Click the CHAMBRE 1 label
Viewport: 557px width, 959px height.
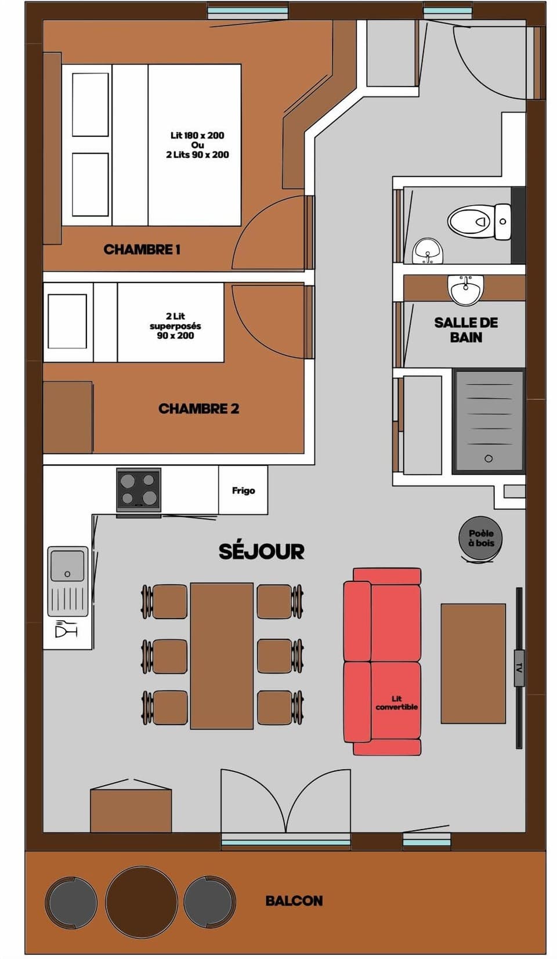point(142,250)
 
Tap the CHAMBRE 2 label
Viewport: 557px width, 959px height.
point(198,409)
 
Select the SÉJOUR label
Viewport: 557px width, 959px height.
point(261,552)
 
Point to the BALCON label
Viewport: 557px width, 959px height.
point(294,901)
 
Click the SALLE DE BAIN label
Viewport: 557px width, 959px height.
point(466,330)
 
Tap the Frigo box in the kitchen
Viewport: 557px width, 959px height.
point(243,491)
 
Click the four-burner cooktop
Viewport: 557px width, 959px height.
point(139,489)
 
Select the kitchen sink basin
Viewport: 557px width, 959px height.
point(67,566)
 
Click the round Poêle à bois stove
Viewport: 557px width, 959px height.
point(481,538)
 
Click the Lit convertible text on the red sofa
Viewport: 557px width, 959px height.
point(396,703)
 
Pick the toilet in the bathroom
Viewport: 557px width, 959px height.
point(479,222)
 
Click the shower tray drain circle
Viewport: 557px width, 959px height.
point(489,458)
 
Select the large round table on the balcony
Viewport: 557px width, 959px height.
point(142,902)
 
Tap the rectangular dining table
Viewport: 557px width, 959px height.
point(222,656)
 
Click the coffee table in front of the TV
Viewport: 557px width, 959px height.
point(473,663)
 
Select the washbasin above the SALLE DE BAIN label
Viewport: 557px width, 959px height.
point(465,289)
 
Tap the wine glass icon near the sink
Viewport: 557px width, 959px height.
point(66,628)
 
